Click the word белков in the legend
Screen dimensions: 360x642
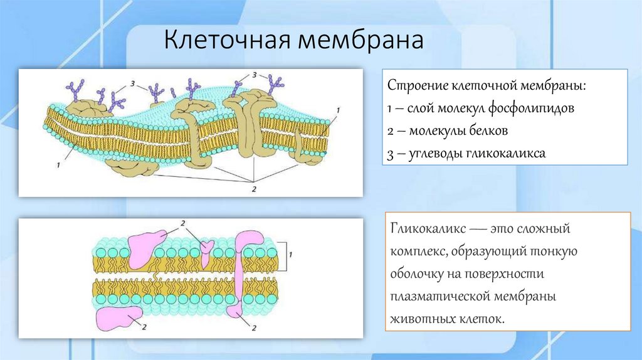485,131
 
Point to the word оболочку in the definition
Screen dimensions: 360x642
417,274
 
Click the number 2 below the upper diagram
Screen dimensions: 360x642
253,188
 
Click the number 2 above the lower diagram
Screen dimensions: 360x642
182,224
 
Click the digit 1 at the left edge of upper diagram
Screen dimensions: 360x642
58,166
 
